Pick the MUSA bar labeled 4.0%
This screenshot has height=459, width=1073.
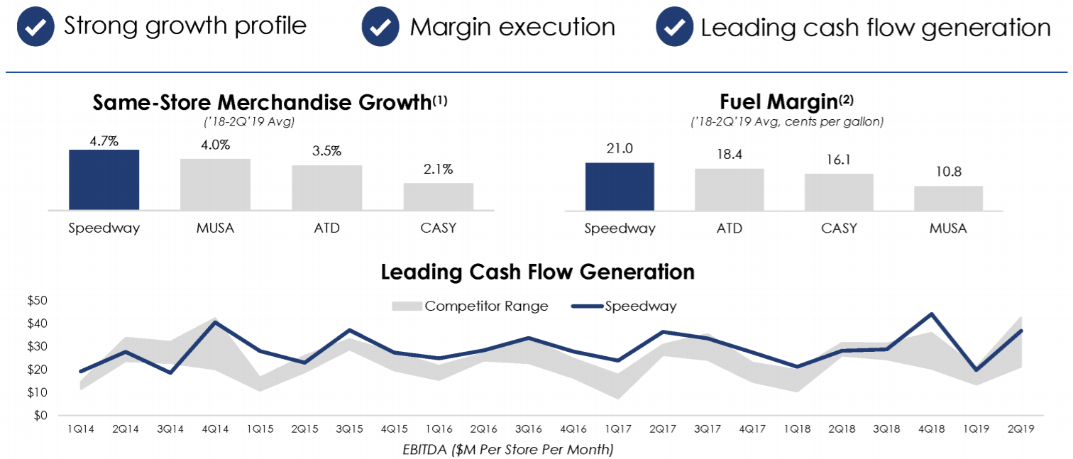215,184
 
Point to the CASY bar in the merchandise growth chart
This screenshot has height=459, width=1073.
438,197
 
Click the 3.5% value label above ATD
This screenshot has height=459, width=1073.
326,151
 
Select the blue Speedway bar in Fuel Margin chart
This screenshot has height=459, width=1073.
620,187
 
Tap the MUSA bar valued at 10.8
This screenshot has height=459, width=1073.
948,198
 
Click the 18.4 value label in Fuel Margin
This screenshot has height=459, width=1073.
729,154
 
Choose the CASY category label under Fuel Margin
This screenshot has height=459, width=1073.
839,228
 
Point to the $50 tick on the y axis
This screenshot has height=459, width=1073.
37,301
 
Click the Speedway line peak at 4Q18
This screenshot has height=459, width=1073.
931,314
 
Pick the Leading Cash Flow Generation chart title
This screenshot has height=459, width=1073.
537,272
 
